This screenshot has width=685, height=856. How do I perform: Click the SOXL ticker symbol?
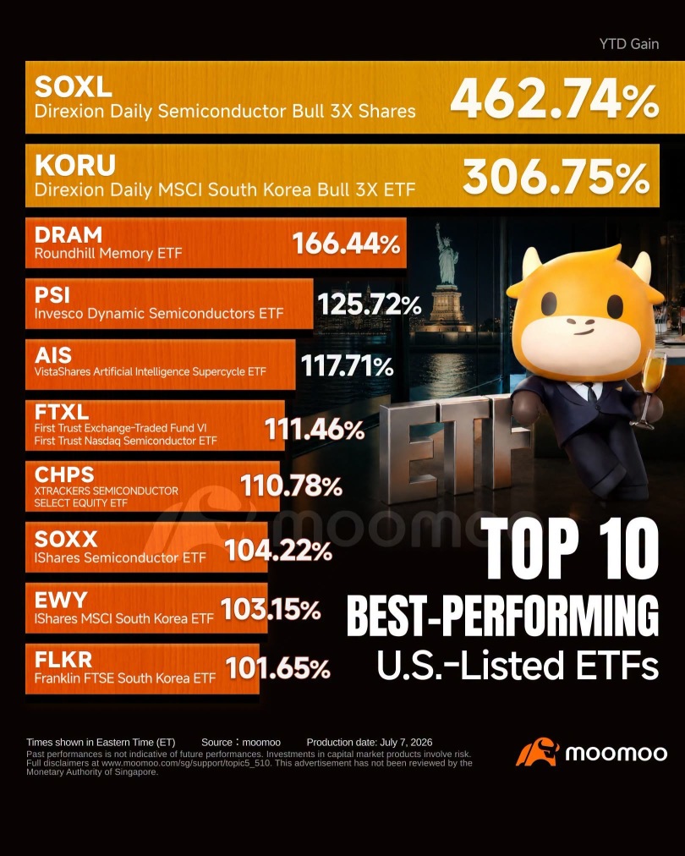coord(73,86)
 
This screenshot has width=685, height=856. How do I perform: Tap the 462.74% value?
coord(554,98)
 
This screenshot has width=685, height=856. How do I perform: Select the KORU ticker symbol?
coord(74,165)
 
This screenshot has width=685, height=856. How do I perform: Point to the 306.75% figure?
coord(556,177)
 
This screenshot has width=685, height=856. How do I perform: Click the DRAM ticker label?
coord(68,235)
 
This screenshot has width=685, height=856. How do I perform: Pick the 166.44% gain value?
coord(347,244)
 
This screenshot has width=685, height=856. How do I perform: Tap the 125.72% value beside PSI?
coord(370,304)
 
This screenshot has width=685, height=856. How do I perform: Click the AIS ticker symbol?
coord(53,355)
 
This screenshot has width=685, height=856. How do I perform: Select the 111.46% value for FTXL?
coord(315,429)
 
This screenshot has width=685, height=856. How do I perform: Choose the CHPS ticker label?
coord(64,475)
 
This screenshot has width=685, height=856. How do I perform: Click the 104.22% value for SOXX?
coord(278,551)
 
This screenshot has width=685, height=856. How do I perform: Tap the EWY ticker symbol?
coord(61,600)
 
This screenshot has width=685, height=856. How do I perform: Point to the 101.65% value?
coord(278,668)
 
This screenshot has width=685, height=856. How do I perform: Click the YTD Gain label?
coord(629,44)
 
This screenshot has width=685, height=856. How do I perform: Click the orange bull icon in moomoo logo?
coord(538,752)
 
